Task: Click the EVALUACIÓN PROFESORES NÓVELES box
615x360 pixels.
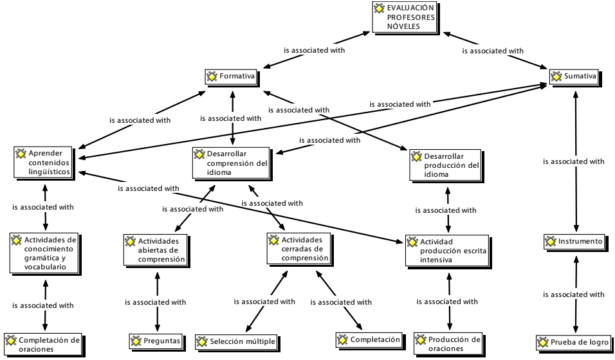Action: point(405,17)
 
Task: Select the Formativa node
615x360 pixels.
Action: point(232,76)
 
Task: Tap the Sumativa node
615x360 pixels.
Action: point(576,76)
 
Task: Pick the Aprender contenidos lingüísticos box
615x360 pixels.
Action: point(44,163)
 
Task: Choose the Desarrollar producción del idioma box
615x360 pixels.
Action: point(446,165)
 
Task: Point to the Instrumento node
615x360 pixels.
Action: point(574,242)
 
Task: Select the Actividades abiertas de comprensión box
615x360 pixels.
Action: point(155,250)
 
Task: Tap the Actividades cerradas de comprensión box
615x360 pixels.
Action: point(298,249)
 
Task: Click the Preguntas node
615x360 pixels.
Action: point(156,340)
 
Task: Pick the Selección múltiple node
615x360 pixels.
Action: point(236,341)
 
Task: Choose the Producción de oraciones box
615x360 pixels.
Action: point(448,343)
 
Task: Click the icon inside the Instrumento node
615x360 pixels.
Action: point(551,242)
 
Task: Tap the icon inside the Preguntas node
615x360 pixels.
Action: point(136,340)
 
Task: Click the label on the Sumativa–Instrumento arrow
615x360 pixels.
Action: point(574,161)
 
